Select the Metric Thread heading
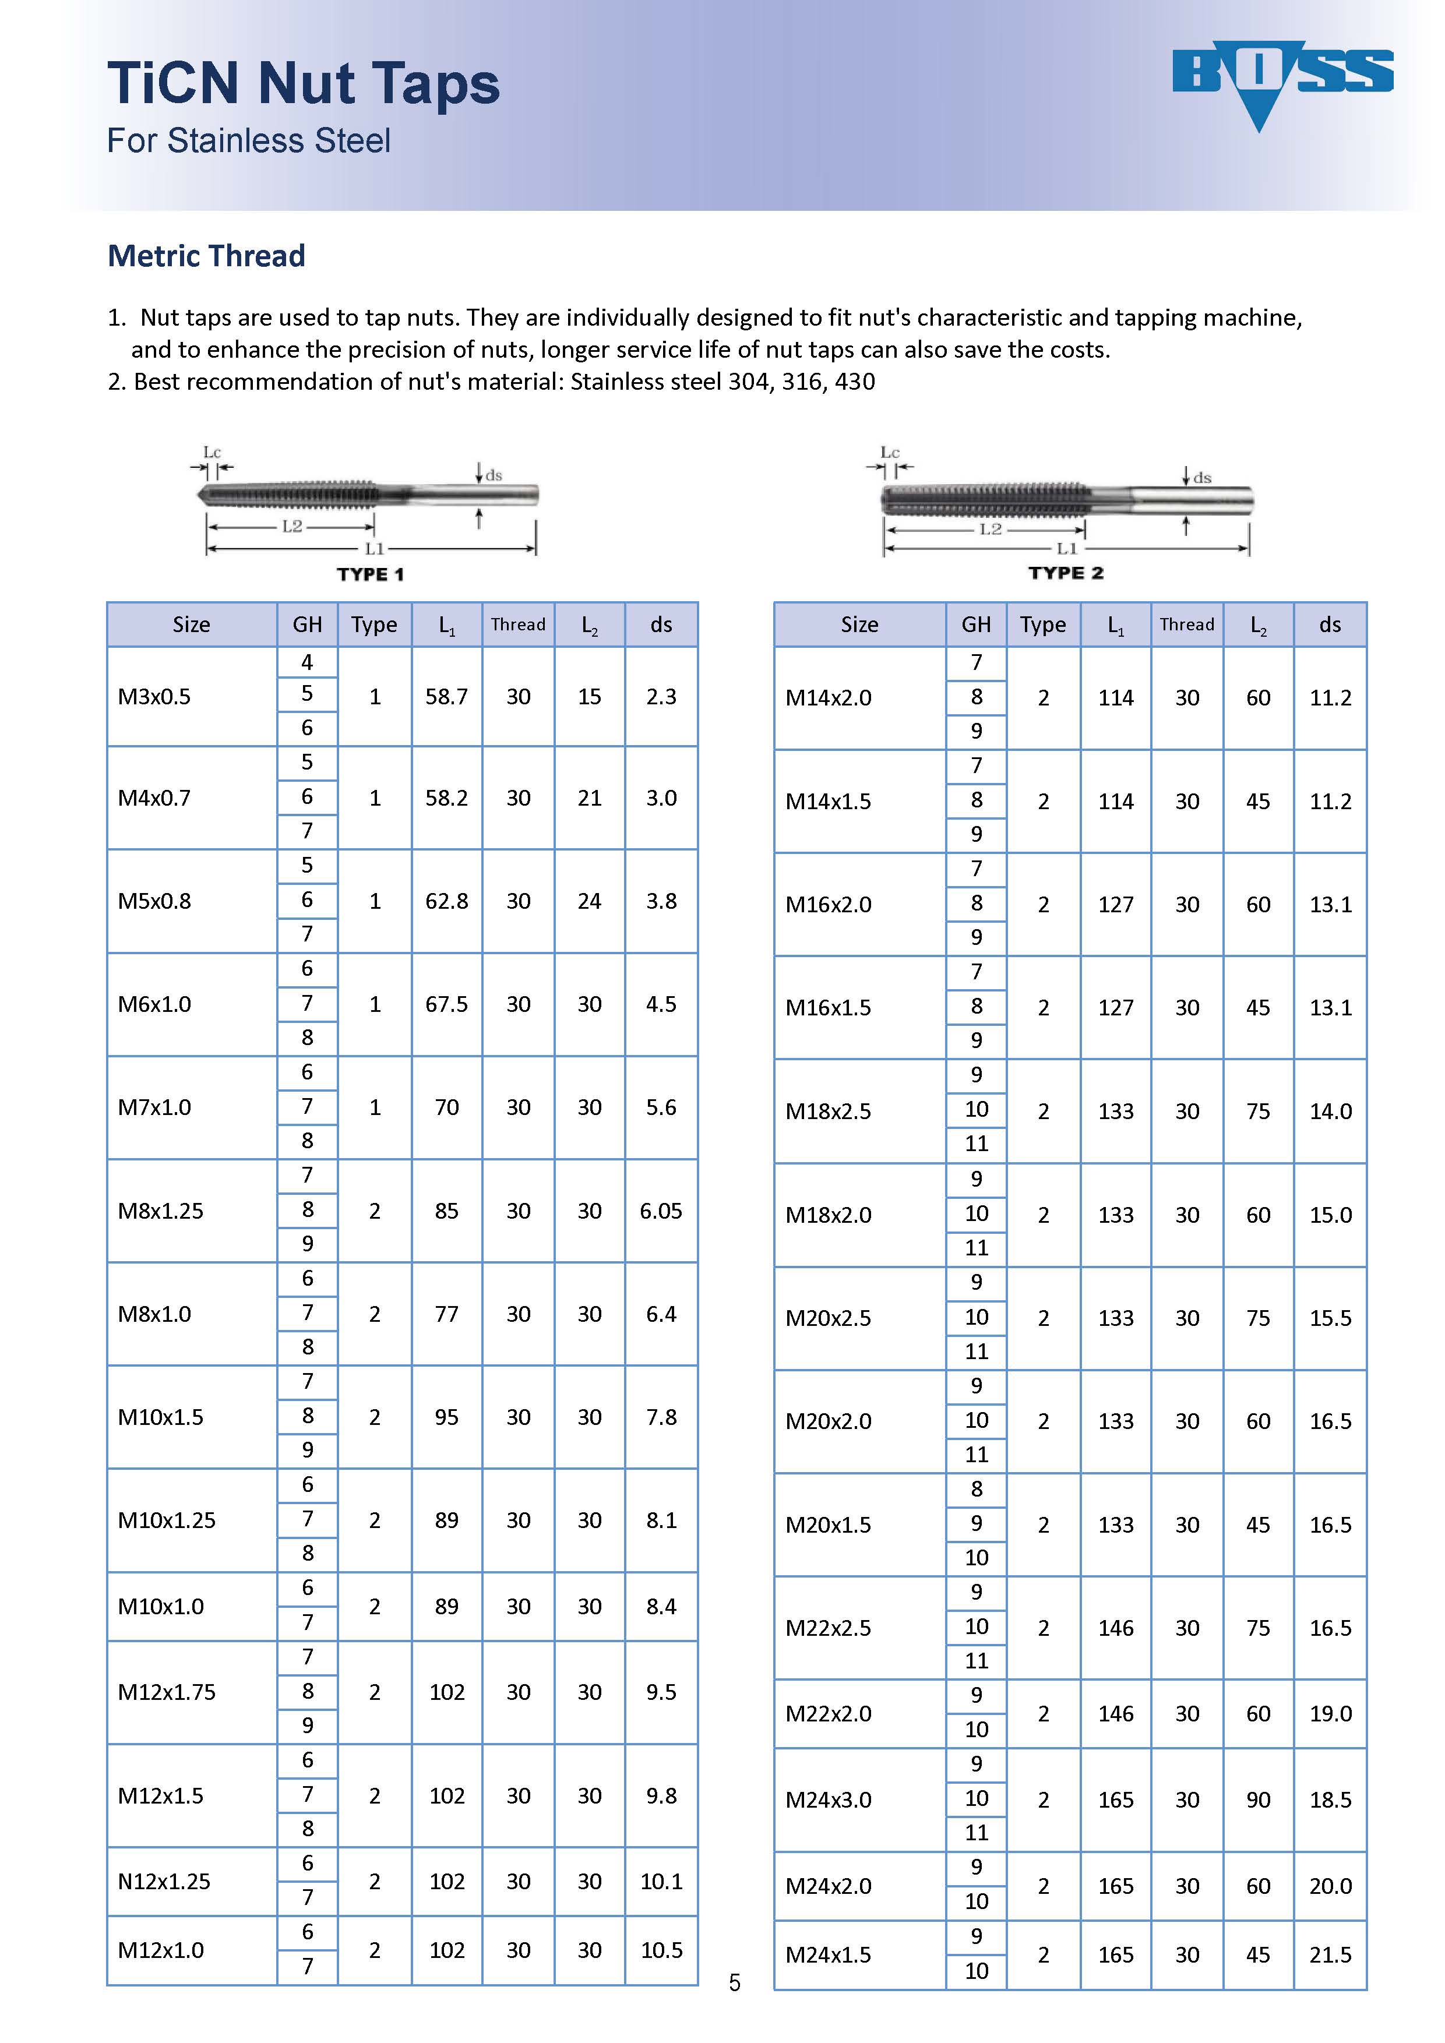[x=206, y=256]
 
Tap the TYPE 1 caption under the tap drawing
[x=370, y=575]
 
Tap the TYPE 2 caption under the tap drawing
[x=1066, y=573]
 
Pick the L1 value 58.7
[x=447, y=697]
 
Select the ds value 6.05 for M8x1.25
[x=661, y=1211]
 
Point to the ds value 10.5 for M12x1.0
[x=661, y=1950]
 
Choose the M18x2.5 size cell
[x=829, y=1112]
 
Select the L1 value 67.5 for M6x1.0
[x=447, y=1004]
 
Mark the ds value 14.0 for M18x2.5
[x=1330, y=1112]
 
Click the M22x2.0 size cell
[x=829, y=1714]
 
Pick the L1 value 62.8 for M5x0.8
[x=447, y=901]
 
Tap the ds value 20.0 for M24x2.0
[x=1330, y=1886]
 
